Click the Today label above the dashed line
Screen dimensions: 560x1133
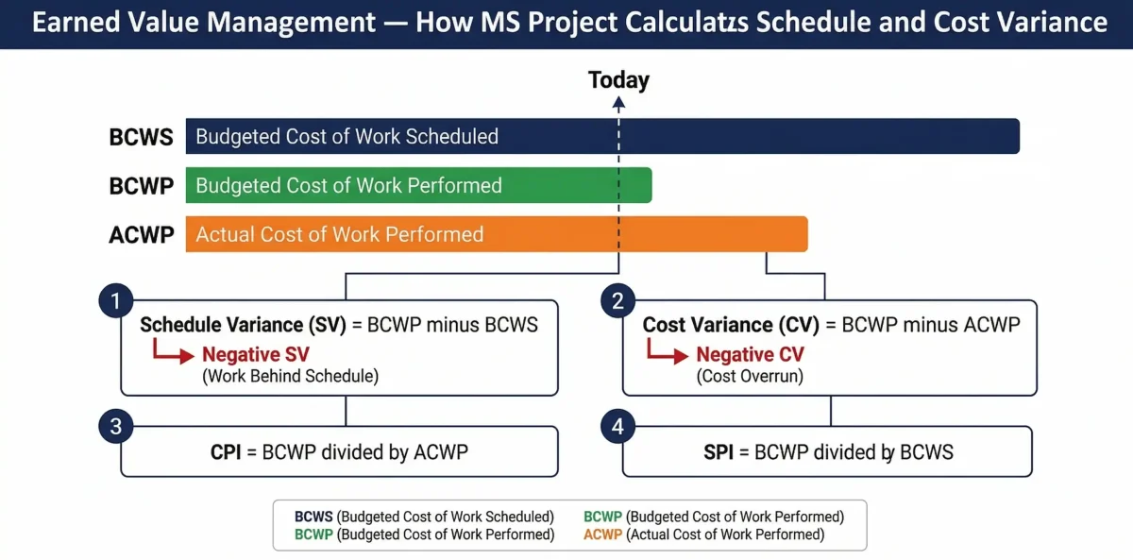click(x=618, y=80)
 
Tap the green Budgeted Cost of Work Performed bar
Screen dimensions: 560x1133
click(x=418, y=185)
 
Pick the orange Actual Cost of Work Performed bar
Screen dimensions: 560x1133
click(x=497, y=234)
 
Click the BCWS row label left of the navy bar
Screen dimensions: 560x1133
click(x=142, y=137)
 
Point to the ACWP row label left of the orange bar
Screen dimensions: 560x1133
click(x=142, y=235)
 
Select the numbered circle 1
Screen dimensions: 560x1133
click(x=115, y=302)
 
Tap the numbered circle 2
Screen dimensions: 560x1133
click(x=617, y=302)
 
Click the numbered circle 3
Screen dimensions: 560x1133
click(x=115, y=427)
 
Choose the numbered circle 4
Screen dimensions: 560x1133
click(x=617, y=427)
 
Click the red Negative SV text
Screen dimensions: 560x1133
click(x=255, y=355)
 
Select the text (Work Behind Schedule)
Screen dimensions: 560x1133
click(x=290, y=376)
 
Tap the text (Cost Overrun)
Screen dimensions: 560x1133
click(x=750, y=376)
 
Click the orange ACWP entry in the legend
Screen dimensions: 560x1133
click(x=601, y=535)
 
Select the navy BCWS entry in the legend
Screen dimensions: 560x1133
click(x=313, y=517)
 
